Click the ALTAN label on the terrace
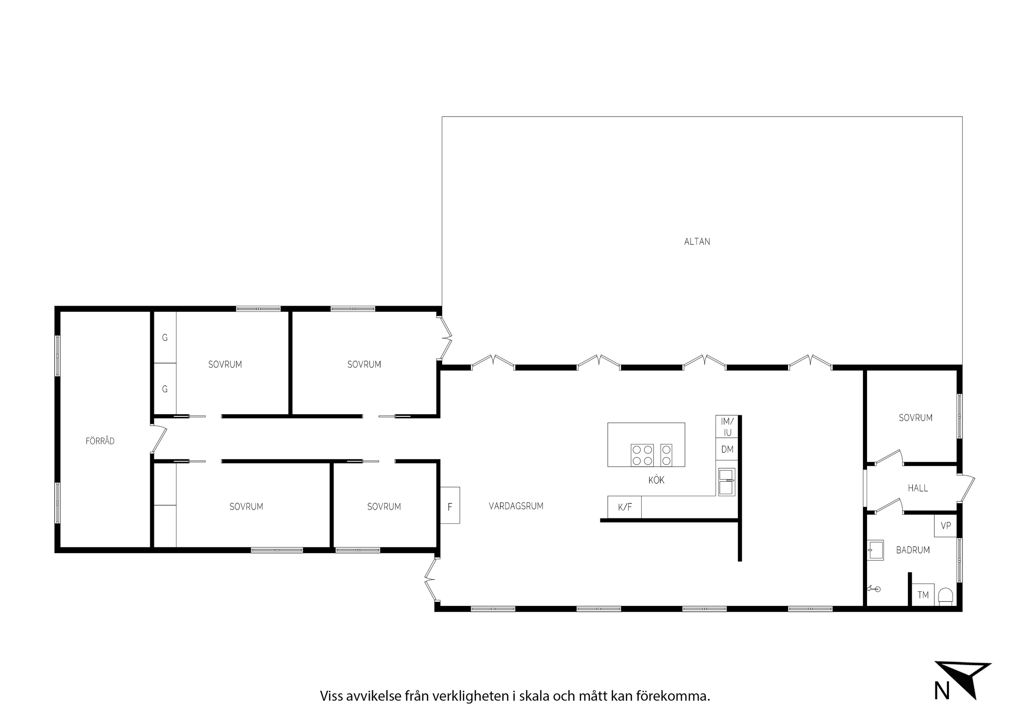(697, 242)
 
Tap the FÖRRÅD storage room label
(100, 441)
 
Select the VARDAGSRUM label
(516, 506)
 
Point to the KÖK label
(656, 480)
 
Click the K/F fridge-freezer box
(625, 507)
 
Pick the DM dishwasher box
(727, 449)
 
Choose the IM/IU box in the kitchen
(727, 427)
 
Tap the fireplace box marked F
(450, 505)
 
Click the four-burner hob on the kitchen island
(642, 455)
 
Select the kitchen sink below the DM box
(726, 482)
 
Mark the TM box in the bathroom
(923, 595)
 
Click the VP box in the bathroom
(946, 526)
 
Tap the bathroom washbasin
(876, 550)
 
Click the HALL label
(918, 488)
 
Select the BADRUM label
(913, 550)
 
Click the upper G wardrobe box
(165, 338)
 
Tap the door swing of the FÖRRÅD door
(159, 439)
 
